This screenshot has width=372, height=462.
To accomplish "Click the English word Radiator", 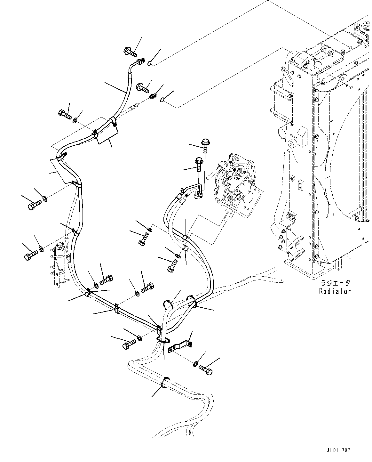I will [335, 291].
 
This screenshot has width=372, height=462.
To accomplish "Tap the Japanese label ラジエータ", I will [335, 283].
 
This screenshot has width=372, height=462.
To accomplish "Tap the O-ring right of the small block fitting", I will [163, 100].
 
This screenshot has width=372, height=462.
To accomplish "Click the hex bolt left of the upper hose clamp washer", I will [65, 114].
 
